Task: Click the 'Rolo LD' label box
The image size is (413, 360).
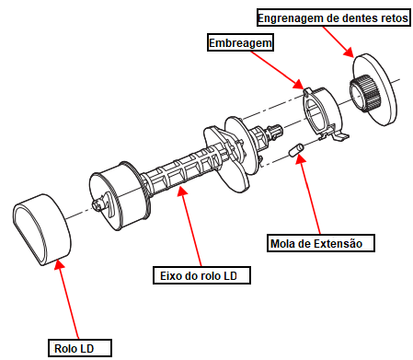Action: tap(80, 348)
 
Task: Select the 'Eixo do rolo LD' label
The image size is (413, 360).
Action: tap(201, 275)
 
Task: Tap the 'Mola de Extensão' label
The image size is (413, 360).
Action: tap(321, 243)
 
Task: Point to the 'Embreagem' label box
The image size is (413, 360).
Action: tap(240, 42)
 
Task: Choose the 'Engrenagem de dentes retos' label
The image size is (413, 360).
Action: tap(334, 17)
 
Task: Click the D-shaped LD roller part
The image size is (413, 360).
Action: tap(42, 229)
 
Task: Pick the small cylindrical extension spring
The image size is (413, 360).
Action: tap(296, 150)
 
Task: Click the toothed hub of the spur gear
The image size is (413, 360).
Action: tap(365, 93)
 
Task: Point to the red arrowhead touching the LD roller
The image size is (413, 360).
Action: tap(59, 265)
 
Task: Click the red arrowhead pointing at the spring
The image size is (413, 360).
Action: tap(301, 159)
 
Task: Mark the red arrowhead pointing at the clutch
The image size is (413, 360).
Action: tap(298, 84)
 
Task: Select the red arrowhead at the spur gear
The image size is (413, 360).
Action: tap(349, 52)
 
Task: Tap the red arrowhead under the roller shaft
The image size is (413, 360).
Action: tap(182, 190)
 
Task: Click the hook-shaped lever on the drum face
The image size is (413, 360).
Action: tap(109, 204)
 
